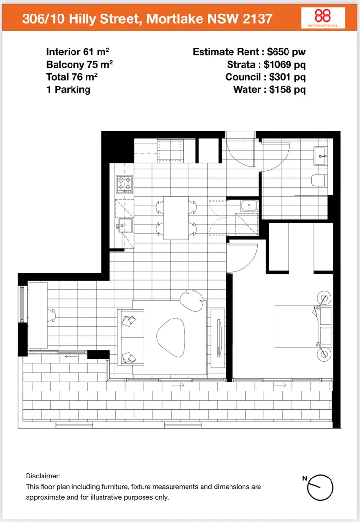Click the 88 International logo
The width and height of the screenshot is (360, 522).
[x=323, y=18]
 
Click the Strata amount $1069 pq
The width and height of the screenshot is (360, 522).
[x=285, y=64]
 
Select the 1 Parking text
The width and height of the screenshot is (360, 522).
[x=68, y=89]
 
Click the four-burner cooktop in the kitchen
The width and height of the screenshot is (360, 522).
[x=124, y=184]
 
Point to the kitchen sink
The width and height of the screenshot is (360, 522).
[x=126, y=226]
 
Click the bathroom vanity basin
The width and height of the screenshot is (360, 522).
[x=320, y=155]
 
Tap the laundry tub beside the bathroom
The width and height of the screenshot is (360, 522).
[x=249, y=205]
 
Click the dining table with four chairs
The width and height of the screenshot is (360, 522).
[x=176, y=217]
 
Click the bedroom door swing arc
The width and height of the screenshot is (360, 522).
[x=244, y=256]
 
